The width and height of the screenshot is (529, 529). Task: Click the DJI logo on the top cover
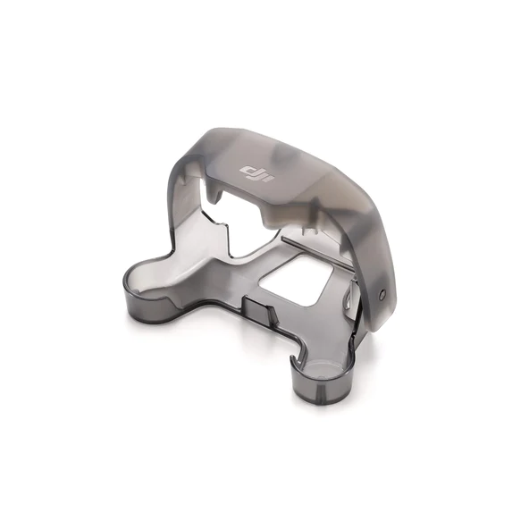[256, 174]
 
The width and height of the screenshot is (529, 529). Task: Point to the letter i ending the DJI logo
[269, 179]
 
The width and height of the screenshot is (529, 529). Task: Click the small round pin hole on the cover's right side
[382, 294]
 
